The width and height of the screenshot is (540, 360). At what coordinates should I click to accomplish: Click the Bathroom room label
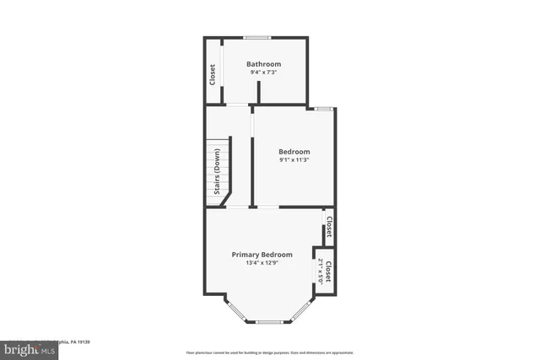[263, 64]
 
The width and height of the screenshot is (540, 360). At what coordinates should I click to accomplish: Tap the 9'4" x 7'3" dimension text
[263, 73]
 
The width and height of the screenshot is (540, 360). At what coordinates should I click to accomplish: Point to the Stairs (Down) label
[217, 171]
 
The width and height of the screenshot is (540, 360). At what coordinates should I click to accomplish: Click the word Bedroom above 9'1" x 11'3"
[294, 152]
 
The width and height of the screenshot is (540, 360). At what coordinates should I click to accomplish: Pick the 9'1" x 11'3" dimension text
[294, 160]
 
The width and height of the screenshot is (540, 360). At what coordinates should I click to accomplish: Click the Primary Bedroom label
[262, 255]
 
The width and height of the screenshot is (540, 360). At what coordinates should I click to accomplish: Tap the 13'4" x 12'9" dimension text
[262, 263]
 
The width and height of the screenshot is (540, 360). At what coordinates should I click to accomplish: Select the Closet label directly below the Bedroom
[329, 228]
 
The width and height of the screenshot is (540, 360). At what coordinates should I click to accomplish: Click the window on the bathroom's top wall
[256, 37]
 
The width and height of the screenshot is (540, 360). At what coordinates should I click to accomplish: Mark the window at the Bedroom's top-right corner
[322, 109]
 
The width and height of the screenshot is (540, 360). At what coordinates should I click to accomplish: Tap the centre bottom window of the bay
[268, 322]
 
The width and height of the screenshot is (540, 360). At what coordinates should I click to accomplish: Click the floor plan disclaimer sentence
[269, 352]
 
